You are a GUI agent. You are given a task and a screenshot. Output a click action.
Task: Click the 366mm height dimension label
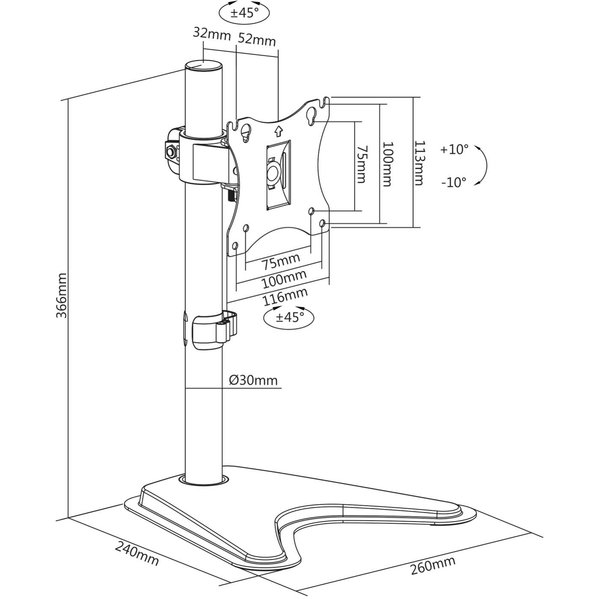pyautogui.click(x=62, y=295)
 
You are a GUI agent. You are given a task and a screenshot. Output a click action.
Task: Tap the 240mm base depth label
pyautogui.click(x=137, y=553)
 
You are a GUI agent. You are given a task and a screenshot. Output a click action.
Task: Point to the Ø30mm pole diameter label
pyautogui.click(x=253, y=380)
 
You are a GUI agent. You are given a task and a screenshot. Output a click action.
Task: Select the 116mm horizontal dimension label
pyautogui.click(x=285, y=297)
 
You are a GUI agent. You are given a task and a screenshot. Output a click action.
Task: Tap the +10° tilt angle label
pyautogui.click(x=454, y=149)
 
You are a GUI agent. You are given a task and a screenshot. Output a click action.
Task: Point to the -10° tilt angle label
pyautogui.click(x=454, y=182)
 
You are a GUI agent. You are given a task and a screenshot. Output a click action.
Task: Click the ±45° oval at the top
pyautogui.click(x=244, y=13)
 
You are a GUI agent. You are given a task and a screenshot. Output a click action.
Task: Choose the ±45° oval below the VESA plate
pyautogui.click(x=289, y=317)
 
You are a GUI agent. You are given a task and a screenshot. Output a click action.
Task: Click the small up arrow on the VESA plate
pyautogui.click(x=279, y=130)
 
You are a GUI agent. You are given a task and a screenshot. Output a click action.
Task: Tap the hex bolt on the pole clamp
pyautogui.click(x=172, y=151)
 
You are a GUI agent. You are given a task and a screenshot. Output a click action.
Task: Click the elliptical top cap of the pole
pyautogui.click(x=204, y=66)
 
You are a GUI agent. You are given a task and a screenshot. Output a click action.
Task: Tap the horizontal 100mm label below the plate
pyautogui.click(x=284, y=279)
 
